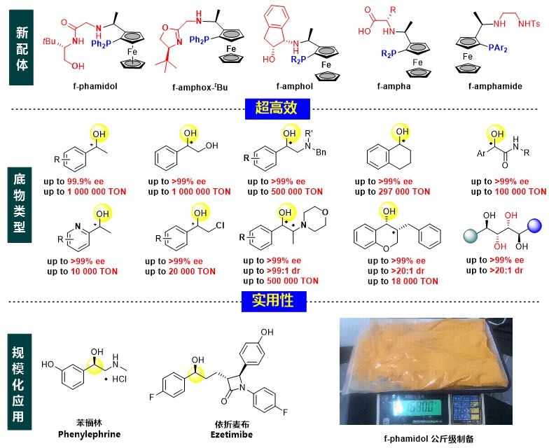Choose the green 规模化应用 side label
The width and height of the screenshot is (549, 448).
20,376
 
